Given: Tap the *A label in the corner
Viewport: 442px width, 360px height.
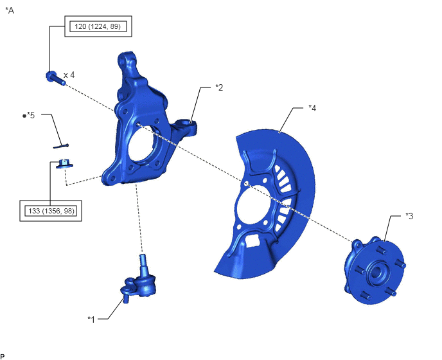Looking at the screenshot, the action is [10, 10].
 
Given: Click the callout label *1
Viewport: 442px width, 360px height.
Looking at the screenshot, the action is [91, 319].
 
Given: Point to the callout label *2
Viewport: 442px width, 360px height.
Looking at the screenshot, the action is [219, 87].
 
